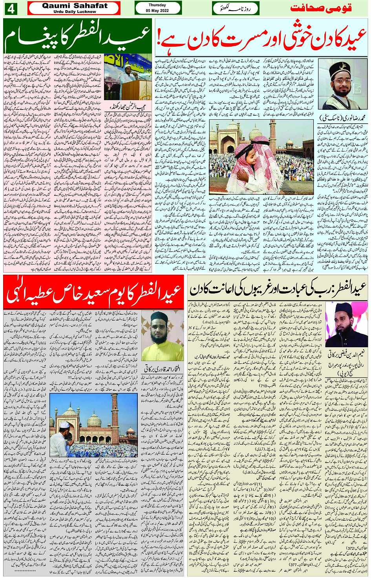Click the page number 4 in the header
11,9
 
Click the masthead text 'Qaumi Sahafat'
75,5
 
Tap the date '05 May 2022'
157,11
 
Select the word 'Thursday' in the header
157,5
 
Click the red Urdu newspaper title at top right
321,8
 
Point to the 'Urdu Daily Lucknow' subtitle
75,12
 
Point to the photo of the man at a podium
128,77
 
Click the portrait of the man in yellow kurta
162,336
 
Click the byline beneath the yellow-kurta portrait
162,368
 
